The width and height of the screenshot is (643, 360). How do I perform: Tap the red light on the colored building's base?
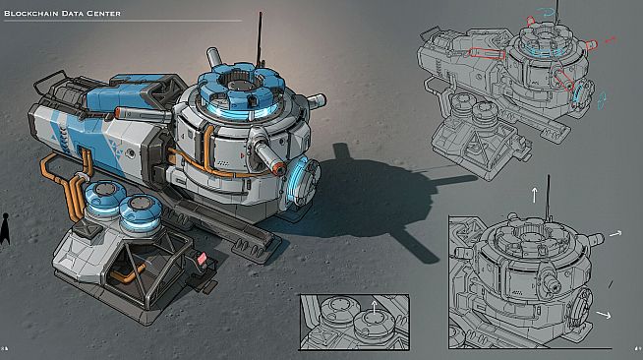coord(202,259)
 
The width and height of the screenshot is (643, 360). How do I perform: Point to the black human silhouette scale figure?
coord(5,229)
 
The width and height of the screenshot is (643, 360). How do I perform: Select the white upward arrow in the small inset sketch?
coord(374,307)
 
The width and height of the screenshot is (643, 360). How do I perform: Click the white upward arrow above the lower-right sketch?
coord(534,195)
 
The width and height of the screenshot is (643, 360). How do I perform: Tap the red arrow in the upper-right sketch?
coord(611,40)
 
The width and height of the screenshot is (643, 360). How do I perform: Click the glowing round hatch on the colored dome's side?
coord(304,180)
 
